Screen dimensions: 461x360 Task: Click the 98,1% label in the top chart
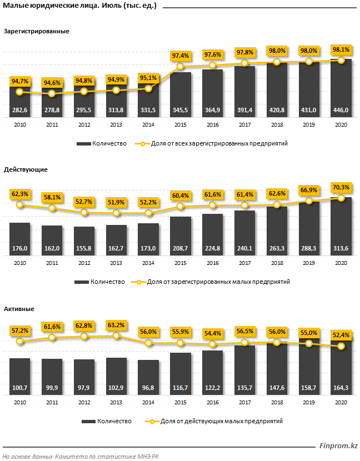pyautogui.click(x=341, y=50)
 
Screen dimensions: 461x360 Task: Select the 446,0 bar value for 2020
pyautogui.click(x=341, y=110)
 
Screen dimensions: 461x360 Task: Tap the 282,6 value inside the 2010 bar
pyautogui.click(x=19, y=110)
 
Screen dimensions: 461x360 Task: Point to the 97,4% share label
pyautogui.click(x=180, y=56)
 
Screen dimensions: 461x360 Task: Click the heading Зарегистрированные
pyautogui.click(x=37, y=32)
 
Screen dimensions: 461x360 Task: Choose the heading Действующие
pyautogui.click(x=26, y=170)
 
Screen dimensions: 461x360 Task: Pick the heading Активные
pyautogui.click(x=19, y=308)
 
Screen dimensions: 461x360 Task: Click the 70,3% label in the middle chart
pyautogui.click(x=341, y=187)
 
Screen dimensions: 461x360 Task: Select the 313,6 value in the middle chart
pyautogui.click(x=341, y=248)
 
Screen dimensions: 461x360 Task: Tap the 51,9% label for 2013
pyautogui.click(x=116, y=202)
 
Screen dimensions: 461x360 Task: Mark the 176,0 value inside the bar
pyautogui.click(x=19, y=248)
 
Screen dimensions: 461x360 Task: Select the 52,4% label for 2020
pyautogui.click(x=341, y=335)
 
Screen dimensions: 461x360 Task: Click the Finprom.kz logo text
pyautogui.click(x=338, y=446)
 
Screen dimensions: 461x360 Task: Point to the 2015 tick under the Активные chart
pyautogui.click(x=180, y=402)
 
